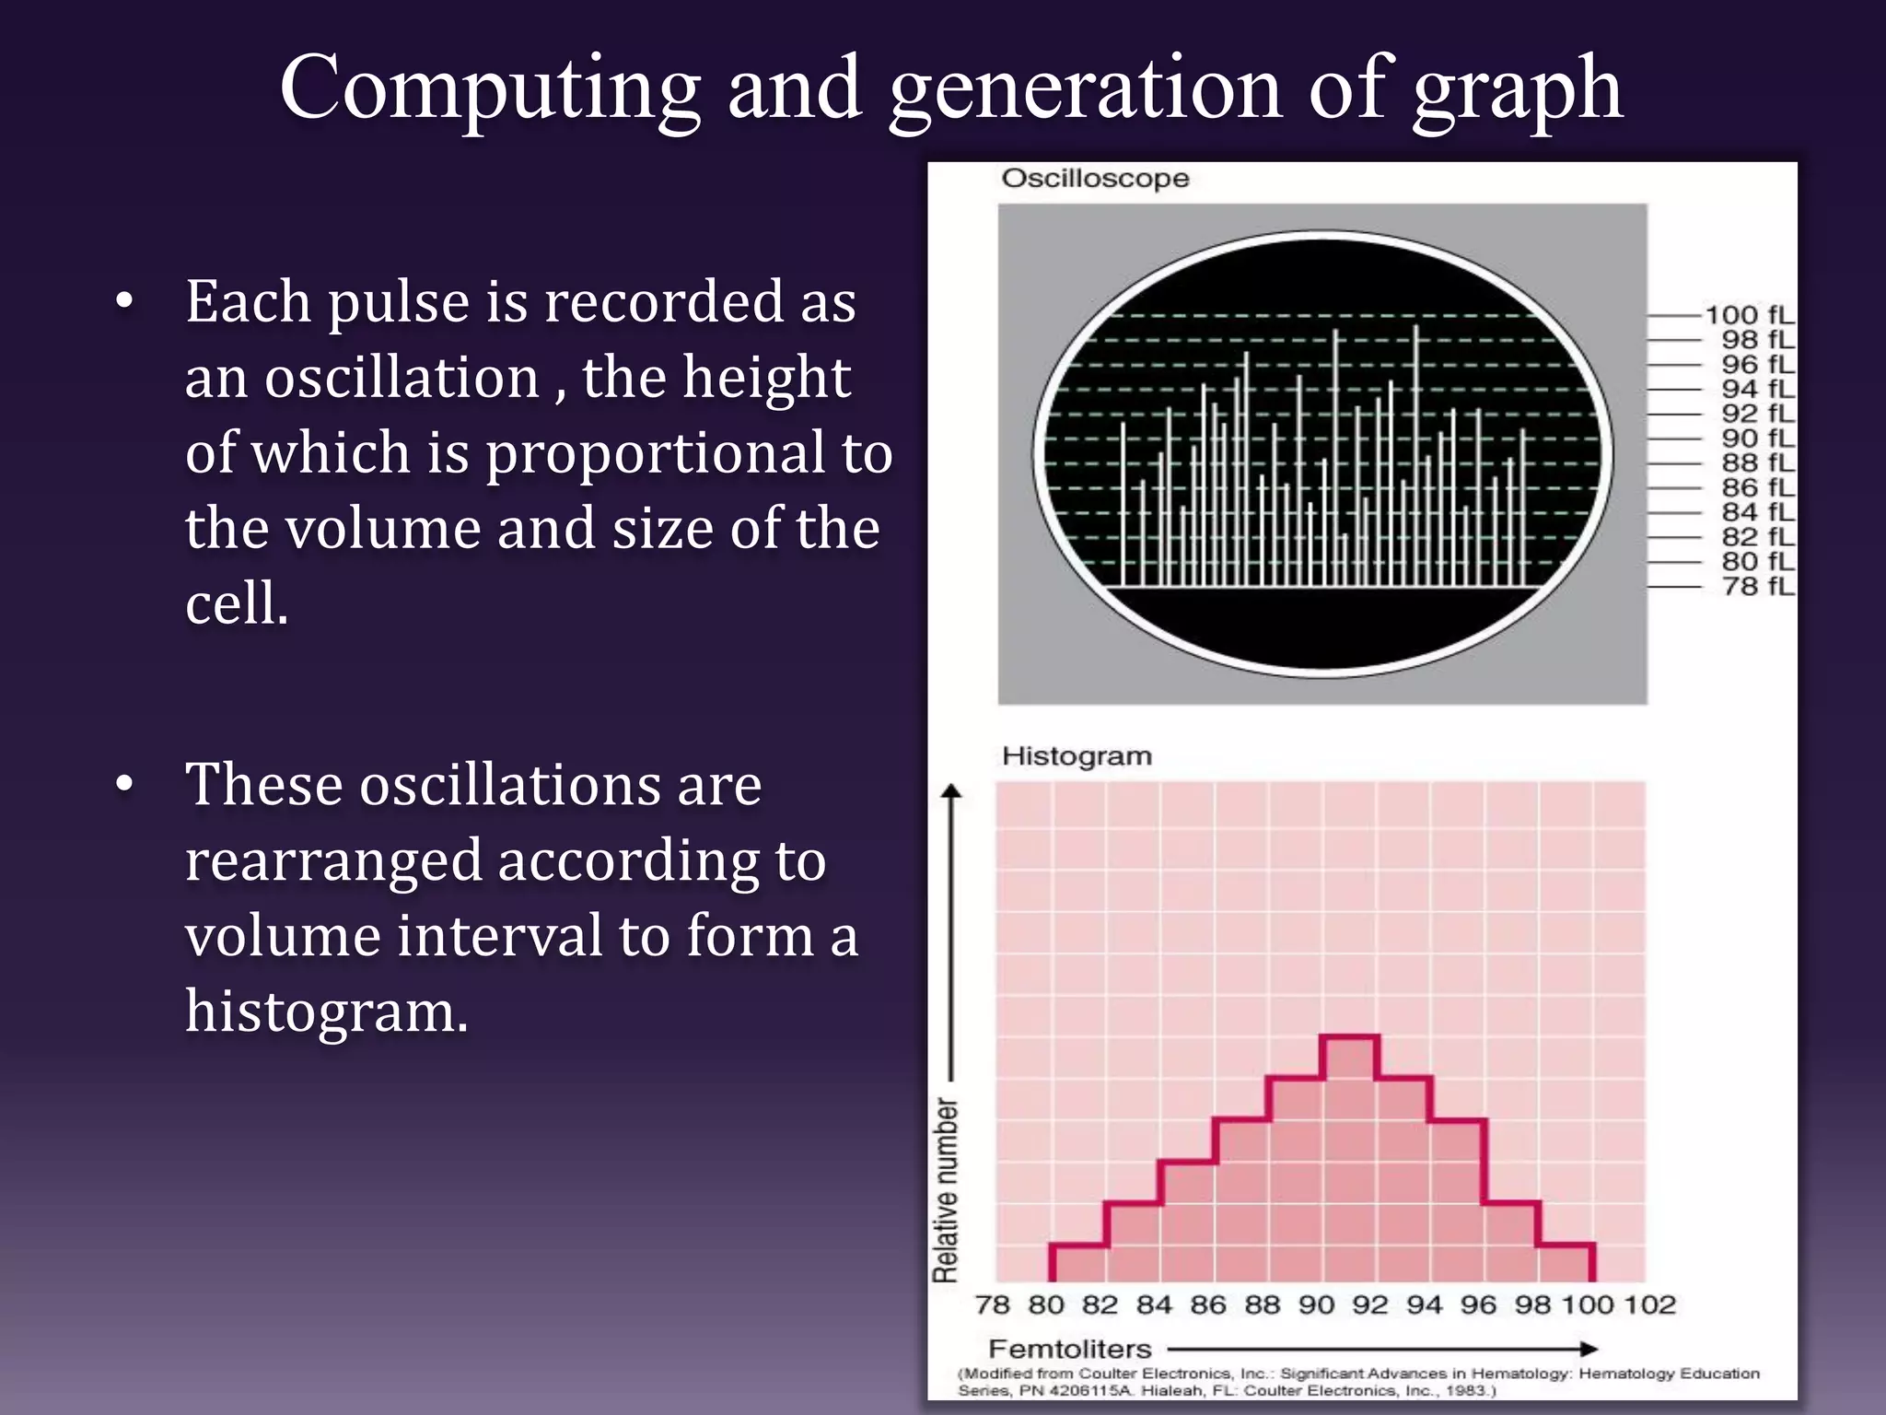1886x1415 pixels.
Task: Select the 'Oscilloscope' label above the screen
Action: click(1095, 178)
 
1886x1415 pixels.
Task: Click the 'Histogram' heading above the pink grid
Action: click(1077, 755)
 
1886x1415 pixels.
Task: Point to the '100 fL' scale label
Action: click(1749, 315)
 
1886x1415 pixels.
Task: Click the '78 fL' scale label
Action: click(1758, 586)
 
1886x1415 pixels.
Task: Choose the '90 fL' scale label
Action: click(1758, 439)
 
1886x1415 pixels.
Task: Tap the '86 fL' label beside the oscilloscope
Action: click(1758, 487)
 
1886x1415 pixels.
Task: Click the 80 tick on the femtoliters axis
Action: click(1046, 1304)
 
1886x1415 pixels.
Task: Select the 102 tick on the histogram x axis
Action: click(1649, 1304)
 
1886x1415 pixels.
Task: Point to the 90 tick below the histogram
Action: click(1317, 1304)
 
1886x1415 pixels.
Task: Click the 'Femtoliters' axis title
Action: click(1070, 1349)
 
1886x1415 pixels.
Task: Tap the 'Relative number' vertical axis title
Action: click(946, 1188)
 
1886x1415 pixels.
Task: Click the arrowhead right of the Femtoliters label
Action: click(1589, 1349)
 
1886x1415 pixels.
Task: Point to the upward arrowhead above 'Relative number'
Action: click(952, 791)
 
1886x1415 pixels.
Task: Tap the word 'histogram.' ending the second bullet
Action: click(327, 1012)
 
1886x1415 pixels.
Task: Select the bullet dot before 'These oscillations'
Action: click(125, 784)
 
